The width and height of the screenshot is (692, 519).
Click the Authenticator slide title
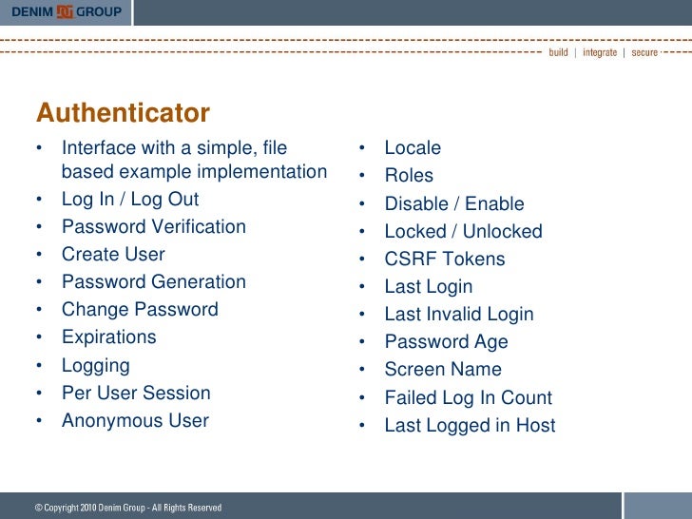[123, 114]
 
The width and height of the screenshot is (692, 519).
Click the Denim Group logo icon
[66, 11]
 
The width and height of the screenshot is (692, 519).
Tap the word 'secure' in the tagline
[644, 52]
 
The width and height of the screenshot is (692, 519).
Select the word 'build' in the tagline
[558, 52]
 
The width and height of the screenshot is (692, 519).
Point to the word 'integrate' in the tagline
[599, 52]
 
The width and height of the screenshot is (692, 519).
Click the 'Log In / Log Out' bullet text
[130, 200]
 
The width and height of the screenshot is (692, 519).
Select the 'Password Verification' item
[153, 227]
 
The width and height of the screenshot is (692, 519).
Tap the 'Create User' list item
[113, 255]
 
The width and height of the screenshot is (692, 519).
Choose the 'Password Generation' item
[153, 282]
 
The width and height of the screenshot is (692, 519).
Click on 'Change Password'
[140, 310]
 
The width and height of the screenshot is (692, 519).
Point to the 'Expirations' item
[108, 337]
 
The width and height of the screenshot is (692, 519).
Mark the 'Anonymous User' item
[135, 420]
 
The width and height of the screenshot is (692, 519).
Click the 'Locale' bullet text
[413, 148]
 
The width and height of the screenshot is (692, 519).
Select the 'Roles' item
[409, 176]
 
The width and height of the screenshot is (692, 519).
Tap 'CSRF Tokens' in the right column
[444, 259]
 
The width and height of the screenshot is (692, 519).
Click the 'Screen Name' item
[442, 370]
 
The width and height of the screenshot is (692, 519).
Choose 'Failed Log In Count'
[468, 398]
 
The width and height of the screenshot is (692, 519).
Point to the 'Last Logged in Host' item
[470, 426]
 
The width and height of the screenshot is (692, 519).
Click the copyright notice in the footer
[128, 508]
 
